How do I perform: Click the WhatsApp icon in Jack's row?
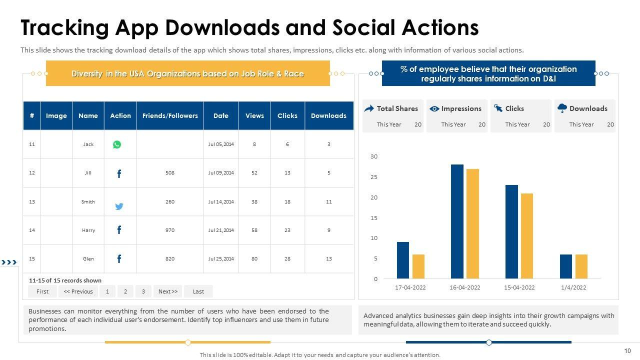click(117, 144)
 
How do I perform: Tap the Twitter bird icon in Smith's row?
click(119, 206)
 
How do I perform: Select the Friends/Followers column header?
click(170, 115)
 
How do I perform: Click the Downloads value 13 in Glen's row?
click(328, 259)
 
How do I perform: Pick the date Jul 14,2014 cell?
click(221, 202)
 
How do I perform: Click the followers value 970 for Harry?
click(170, 230)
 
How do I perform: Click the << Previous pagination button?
click(78, 291)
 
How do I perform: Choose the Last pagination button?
click(198, 291)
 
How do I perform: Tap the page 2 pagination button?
click(125, 291)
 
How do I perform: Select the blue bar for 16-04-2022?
click(457, 221)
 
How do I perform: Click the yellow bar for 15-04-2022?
click(527, 236)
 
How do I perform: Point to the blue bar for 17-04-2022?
click(403, 260)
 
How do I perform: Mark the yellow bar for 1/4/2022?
click(581, 266)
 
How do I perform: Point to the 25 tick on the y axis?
click(374, 177)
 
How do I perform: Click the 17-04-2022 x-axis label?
click(410, 287)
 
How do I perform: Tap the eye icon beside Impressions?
click(434, 108)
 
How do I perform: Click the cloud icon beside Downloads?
click(562, 108)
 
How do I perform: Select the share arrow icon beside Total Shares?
click(369, 108)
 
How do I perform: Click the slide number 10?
click(628, 350)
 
